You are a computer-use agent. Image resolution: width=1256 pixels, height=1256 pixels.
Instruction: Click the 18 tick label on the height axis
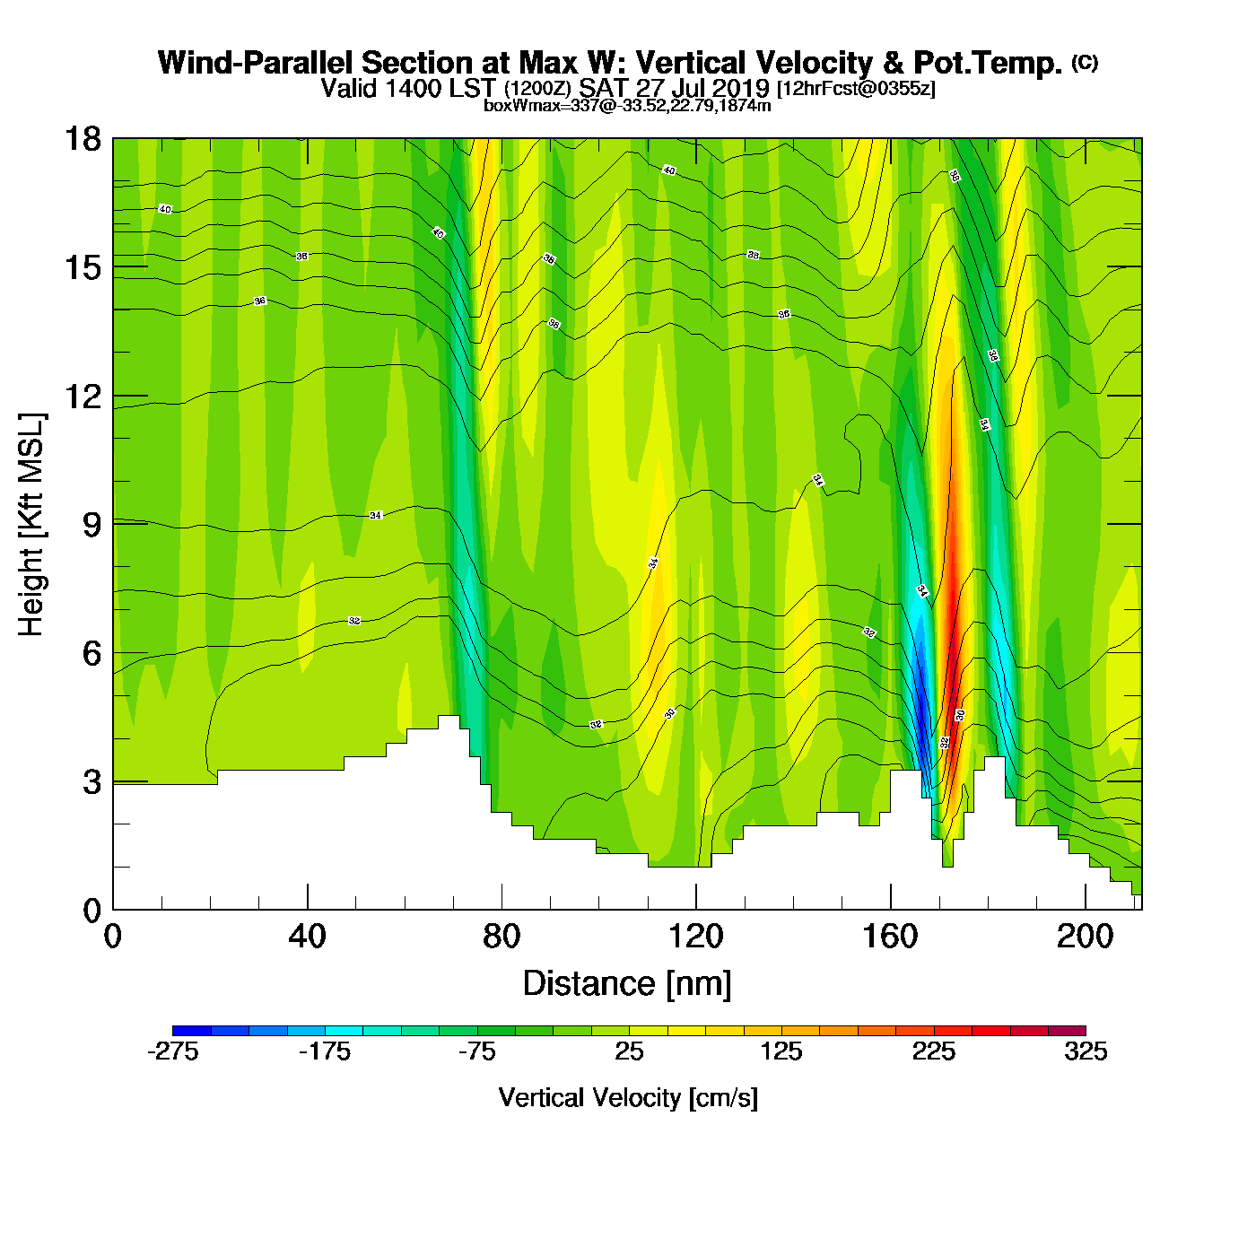pos(82,139)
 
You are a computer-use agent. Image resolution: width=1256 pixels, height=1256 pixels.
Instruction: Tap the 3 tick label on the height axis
pos(92,782)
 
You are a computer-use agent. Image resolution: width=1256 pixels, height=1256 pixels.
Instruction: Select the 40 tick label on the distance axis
pos(307,937)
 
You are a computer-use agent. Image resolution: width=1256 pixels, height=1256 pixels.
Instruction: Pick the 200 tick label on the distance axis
pos(1085,937)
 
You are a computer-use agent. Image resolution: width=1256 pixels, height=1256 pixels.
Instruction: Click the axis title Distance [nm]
pos(627,984)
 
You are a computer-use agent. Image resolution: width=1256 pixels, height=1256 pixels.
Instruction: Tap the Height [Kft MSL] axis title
pos(31,525)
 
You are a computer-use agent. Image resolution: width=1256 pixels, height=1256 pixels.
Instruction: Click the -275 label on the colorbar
pos(172,1051)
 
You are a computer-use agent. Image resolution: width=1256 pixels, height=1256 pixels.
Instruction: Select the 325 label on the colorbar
pos(1086,1051)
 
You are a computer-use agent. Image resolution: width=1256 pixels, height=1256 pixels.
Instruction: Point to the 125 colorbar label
pos(781,1051)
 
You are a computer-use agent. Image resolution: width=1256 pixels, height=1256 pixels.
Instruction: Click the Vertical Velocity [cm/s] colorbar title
pos(628,1098)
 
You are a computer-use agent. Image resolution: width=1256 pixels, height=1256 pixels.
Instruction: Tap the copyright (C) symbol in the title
pos(1085,62)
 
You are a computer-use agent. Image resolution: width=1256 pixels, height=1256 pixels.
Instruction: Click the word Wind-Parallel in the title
pos(257,63)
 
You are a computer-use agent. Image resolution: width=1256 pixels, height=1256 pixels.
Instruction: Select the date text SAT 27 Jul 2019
pos(674,88)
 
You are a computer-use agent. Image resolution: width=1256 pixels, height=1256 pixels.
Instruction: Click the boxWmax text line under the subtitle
pos(627,105)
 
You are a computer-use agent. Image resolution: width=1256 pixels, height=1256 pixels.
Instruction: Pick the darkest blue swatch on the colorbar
pos(191,1031)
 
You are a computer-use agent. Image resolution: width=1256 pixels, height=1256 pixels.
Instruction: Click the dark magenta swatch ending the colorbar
pos(1067,1031)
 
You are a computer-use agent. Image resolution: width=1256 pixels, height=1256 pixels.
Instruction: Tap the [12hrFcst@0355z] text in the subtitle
pos(856,89)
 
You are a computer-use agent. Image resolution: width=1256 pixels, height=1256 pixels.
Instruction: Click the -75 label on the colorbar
pos(476,1051)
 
